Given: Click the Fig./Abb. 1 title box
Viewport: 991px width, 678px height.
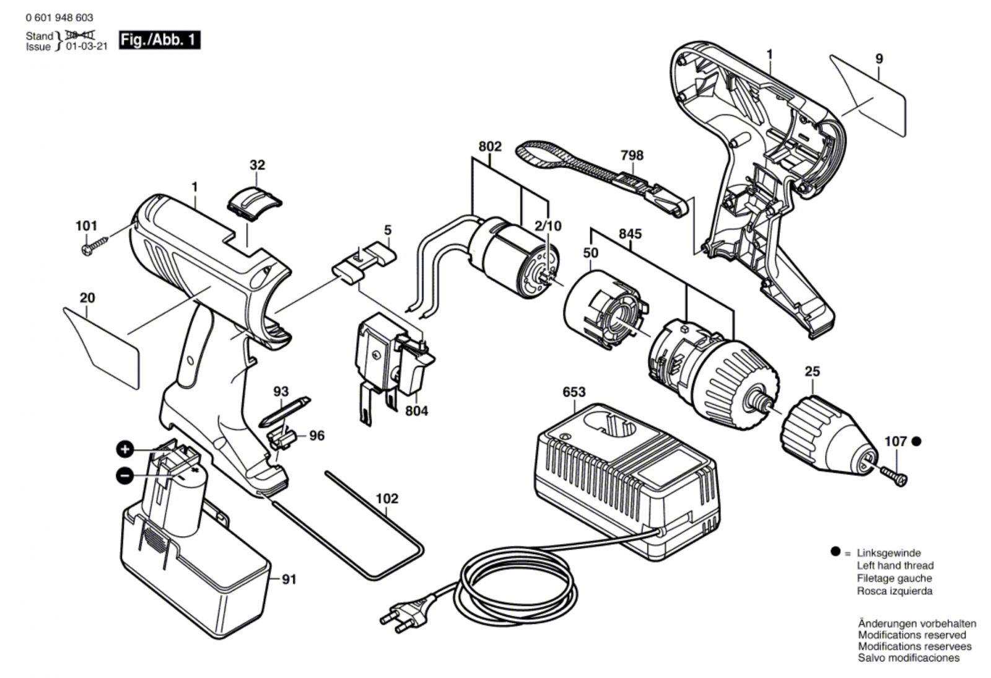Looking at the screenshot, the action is [x=159, y=40].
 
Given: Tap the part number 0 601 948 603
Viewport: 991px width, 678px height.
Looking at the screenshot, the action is [x=59, y=18].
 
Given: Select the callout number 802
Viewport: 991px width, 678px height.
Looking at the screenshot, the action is [x=490, y=146].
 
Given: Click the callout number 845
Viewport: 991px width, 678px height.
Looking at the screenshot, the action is [x=630, y=234].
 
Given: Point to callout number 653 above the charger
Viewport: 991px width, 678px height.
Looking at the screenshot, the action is [x=574, y=392].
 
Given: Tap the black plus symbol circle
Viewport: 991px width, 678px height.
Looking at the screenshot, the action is [x=124, y=450].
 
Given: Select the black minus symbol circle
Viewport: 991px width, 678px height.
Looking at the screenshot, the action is [x=124, y=476].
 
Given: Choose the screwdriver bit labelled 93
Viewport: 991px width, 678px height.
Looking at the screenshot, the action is [x=285, y=412].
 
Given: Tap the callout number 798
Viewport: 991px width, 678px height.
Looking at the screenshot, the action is [x=632, y=156].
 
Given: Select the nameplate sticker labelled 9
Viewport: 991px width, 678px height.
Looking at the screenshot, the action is [x=868, y=95].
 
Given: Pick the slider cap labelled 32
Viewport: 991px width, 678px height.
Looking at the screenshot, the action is [x=255, y=201].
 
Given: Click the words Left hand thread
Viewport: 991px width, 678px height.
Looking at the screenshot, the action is [x=896, y=565].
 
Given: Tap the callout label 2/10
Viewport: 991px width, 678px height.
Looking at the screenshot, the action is [x=548, y=226].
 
